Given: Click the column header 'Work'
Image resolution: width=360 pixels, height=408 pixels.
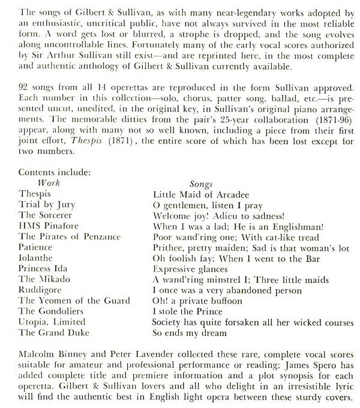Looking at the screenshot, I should [x=49, y=182].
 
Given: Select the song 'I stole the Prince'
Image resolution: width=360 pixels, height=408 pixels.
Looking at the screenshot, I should [x=188, y=311].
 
